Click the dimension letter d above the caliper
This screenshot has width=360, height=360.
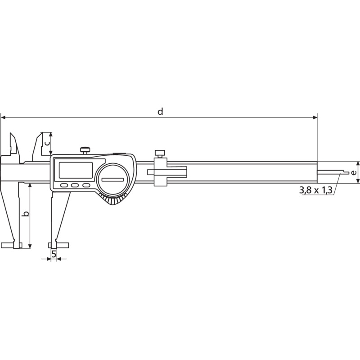[160, 111]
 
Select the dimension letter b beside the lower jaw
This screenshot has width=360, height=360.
[26, 214]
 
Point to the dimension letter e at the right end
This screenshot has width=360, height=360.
[354, 172]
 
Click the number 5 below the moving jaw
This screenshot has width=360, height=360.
[54, 254]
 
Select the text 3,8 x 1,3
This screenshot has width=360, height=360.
[315, 190]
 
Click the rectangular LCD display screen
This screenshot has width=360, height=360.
[76, 170]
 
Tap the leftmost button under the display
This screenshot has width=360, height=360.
[64, 185]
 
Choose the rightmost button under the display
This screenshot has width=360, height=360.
[86, 185]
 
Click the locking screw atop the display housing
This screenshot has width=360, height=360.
[85, 150]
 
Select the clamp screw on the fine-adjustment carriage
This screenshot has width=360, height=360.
[160, 154]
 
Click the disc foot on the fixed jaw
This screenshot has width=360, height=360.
[12, 245]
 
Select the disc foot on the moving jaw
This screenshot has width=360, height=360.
[58, 245]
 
